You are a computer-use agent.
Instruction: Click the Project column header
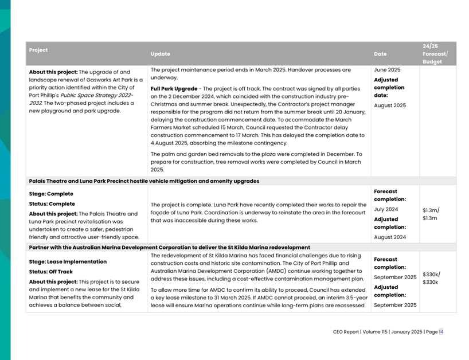[x=38, y=50]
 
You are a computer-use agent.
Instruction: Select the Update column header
[x=161, y=54]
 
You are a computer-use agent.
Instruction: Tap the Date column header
[x=380, y=54]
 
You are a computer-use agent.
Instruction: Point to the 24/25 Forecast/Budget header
[x=435, y=53]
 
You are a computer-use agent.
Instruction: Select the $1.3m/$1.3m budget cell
[x=431, y=214]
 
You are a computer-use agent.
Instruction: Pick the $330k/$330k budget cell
[x=431, y=278]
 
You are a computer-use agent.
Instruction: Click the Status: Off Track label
[x=51, y=272]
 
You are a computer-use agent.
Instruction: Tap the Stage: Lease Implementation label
[x=68, y=261]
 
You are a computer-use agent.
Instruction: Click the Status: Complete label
[x=52, y=204]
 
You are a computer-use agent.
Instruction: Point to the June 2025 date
[x=388, y=70]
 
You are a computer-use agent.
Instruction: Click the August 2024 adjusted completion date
[x=390, y=237]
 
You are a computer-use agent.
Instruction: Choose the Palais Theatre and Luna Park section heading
[x=144, y=181]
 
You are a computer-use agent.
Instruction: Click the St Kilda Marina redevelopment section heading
[x=169, y=248]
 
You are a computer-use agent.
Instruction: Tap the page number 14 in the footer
[x=441, y=332]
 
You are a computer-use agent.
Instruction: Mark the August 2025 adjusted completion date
[x=390, y=105]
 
